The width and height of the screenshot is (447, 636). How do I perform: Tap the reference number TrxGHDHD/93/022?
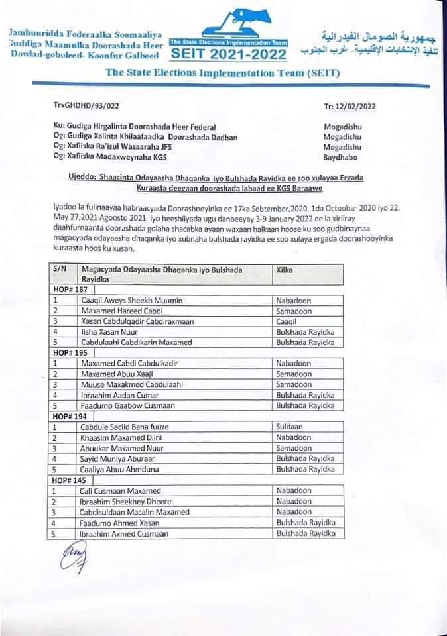[x=86, y=105]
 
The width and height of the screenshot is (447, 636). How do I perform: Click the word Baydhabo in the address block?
[x=341, y=156]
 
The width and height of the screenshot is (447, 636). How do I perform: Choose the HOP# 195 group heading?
[x=70, y=353]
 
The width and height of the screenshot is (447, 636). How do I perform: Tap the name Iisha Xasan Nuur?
[x=108, y=331]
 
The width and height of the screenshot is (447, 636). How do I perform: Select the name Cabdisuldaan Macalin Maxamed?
[x=134, y=512]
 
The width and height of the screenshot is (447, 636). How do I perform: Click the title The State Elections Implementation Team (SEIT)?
[x=223, y=73]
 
